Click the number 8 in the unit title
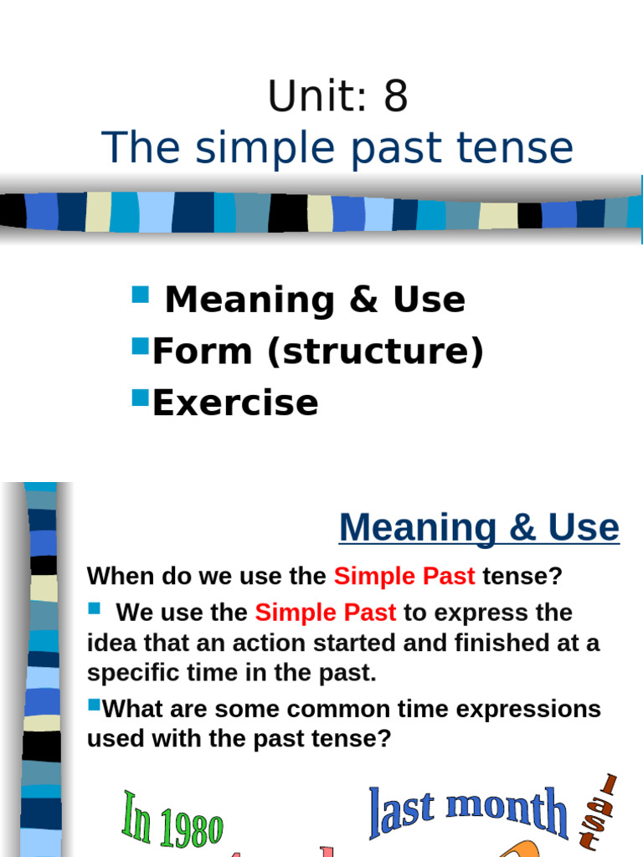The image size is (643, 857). [x=395, y=97]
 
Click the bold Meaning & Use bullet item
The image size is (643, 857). [x=315, y=300]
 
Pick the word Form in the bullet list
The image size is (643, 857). [x=203, y=352]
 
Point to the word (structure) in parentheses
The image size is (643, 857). [x=375, y=352]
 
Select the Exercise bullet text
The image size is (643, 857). [x=235, y=403]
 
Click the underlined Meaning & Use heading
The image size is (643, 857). [x=479, y=528]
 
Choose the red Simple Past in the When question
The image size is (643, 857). [x=404, y=577]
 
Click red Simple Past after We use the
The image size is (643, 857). [x=326, y=613]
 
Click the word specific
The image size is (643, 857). [x=132, y=674]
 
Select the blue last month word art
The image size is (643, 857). [x=468, y=811]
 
